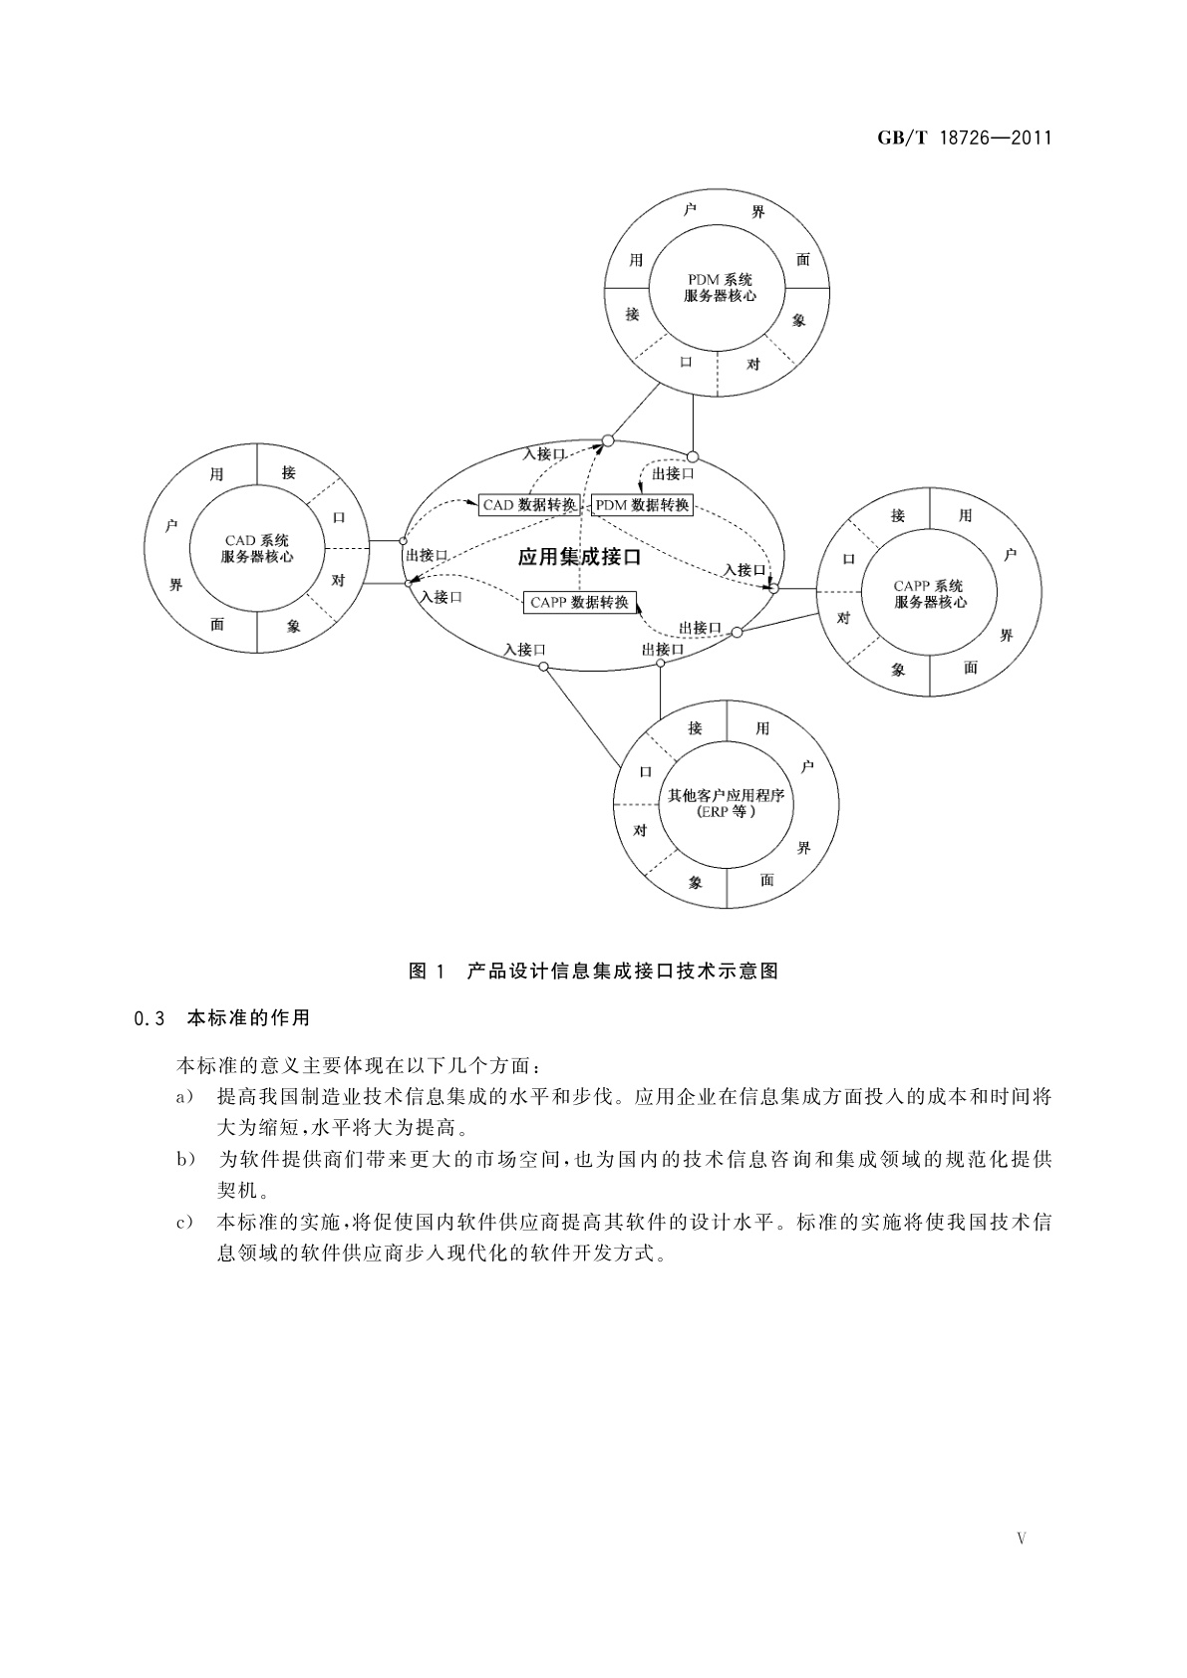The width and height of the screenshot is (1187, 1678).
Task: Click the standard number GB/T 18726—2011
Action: [x=964, y=139]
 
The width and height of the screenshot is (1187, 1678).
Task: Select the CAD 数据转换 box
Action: [x=529, y=505]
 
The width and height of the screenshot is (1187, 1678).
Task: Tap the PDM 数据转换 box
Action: [x=642, y=505]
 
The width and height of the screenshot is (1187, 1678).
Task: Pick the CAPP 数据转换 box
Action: [x=579, y=602]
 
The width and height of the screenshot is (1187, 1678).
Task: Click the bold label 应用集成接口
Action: [x=579, y=557]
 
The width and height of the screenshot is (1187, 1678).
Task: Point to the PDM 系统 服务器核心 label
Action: [x=720, y=288]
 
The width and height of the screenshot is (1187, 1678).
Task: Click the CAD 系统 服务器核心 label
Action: [x=257, y=549]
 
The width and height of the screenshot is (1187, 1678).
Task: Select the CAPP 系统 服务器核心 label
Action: [x=929, y=595]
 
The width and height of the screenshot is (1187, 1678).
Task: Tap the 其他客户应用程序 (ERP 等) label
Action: [x=726, y=803]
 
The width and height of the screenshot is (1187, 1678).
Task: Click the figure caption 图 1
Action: [x=430, y=972]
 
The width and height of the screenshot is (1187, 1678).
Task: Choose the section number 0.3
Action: [x=148, y=1018]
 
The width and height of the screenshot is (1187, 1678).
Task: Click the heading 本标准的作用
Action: [x=248, y=1018]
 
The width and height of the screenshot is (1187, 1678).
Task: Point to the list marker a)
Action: [x=183, y=1097]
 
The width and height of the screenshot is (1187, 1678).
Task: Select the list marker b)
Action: [x=183, y=1160]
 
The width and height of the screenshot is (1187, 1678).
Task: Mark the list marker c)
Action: [x=183, y=1223]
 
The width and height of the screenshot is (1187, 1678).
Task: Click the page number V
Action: [x=1021, y=1538]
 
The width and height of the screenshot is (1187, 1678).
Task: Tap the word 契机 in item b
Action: [x=236, y=1190]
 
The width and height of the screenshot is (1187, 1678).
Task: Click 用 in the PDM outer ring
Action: [x=636, y=261]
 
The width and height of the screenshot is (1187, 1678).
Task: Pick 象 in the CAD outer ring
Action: [x=293, y=626]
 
